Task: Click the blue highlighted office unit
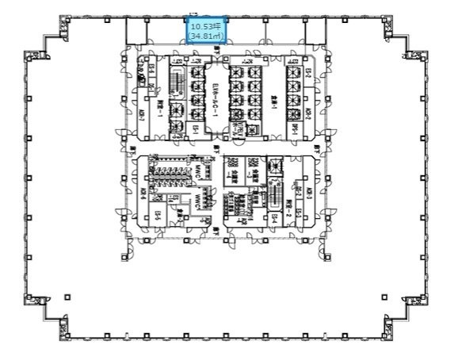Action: point(206,30)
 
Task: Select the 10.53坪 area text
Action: point(205,25)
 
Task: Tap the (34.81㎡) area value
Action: point(205,36)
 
